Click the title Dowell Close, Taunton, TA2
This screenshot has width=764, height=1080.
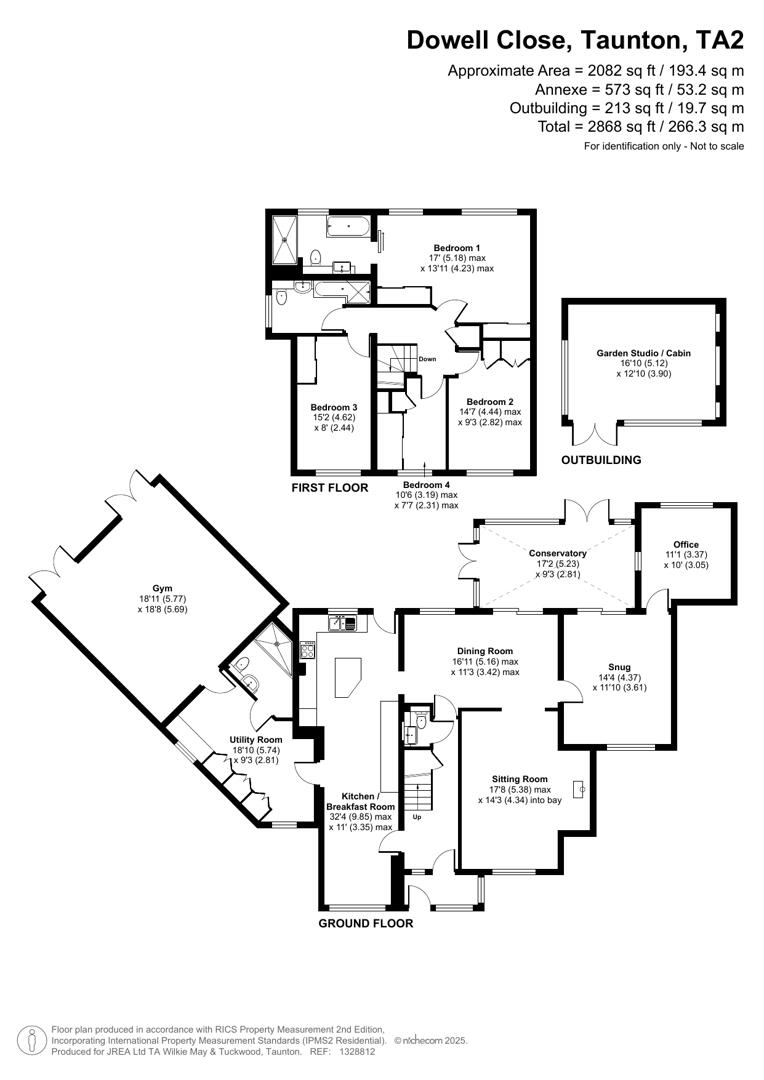point(575,41)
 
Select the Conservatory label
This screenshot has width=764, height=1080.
point(558,553)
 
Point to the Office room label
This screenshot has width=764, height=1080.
point(686,544)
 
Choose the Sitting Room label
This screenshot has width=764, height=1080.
point(520,778)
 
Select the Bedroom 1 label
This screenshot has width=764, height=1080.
point(457,247)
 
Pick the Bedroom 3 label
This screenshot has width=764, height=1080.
point(334,407)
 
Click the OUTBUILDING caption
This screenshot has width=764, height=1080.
point(601,460)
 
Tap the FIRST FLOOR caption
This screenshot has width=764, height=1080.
point(330,488)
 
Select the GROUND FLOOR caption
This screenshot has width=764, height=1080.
point(365,924)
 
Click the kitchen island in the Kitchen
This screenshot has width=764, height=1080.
point(347,677)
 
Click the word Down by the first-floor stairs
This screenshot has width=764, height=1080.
point(428,359)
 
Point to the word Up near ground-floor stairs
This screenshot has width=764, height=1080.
point(416,817)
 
